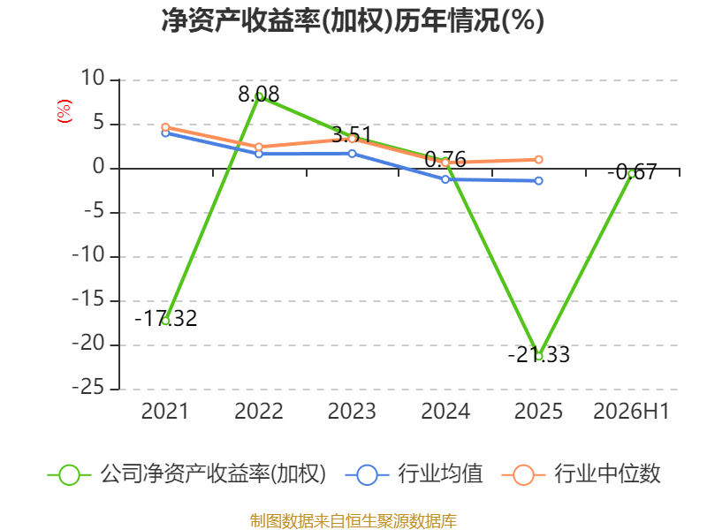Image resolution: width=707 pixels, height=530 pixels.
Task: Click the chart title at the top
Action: (353, 20)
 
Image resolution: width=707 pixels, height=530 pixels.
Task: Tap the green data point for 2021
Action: (165, 321)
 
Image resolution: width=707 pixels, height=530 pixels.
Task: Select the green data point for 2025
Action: (538, 356)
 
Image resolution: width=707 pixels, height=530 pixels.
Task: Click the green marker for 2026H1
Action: (632, 174)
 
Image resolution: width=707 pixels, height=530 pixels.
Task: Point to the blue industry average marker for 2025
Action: (538, 181)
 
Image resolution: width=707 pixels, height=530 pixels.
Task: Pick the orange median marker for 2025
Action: (538, 160)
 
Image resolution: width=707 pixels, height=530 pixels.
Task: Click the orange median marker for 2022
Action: (259, 147)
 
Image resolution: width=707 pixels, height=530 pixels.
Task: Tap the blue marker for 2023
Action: (352, 154)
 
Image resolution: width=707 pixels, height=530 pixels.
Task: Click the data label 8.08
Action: (259, 95)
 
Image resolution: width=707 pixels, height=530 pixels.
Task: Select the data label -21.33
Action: (539, 355)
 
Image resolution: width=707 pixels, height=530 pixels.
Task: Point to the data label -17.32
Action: (166, 319)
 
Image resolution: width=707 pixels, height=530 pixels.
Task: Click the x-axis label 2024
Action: (445, 412)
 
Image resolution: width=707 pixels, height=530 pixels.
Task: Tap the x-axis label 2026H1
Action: (631, 412)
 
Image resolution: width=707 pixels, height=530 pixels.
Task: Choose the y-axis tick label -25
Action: (88, 388)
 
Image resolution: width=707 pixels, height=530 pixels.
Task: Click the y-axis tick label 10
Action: (93, 79)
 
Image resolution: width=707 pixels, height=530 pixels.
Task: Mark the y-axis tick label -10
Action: (88, 255)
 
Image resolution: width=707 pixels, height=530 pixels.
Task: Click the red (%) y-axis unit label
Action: (64, 111)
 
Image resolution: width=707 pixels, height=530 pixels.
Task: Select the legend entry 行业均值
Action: (414, 474)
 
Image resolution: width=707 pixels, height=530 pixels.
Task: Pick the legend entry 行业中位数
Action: (581, 474)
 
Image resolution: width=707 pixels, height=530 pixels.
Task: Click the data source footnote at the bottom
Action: (353, 520)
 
